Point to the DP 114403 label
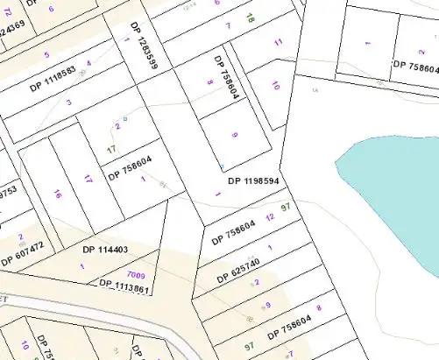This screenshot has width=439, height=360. pyautogui.click(x=105, y=250)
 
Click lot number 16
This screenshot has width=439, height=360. pyautogui.click(x=57, y=194)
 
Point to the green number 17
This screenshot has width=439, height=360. pyautogui.click(x=111, y=150)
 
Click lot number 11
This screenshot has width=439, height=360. pyautogui.click(x=279, y=42)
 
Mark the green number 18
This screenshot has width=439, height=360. pyautogui.click(x=250, y=17)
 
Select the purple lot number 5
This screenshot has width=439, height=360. pyautogui.click(x=46, y=55)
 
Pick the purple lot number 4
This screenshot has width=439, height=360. pyautogui.click(x=89, y=64)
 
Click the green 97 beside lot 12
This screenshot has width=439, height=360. pyautogui.click(x=285, y=207)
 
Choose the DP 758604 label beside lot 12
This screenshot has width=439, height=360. pyautogui.click(x=234, y=230)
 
